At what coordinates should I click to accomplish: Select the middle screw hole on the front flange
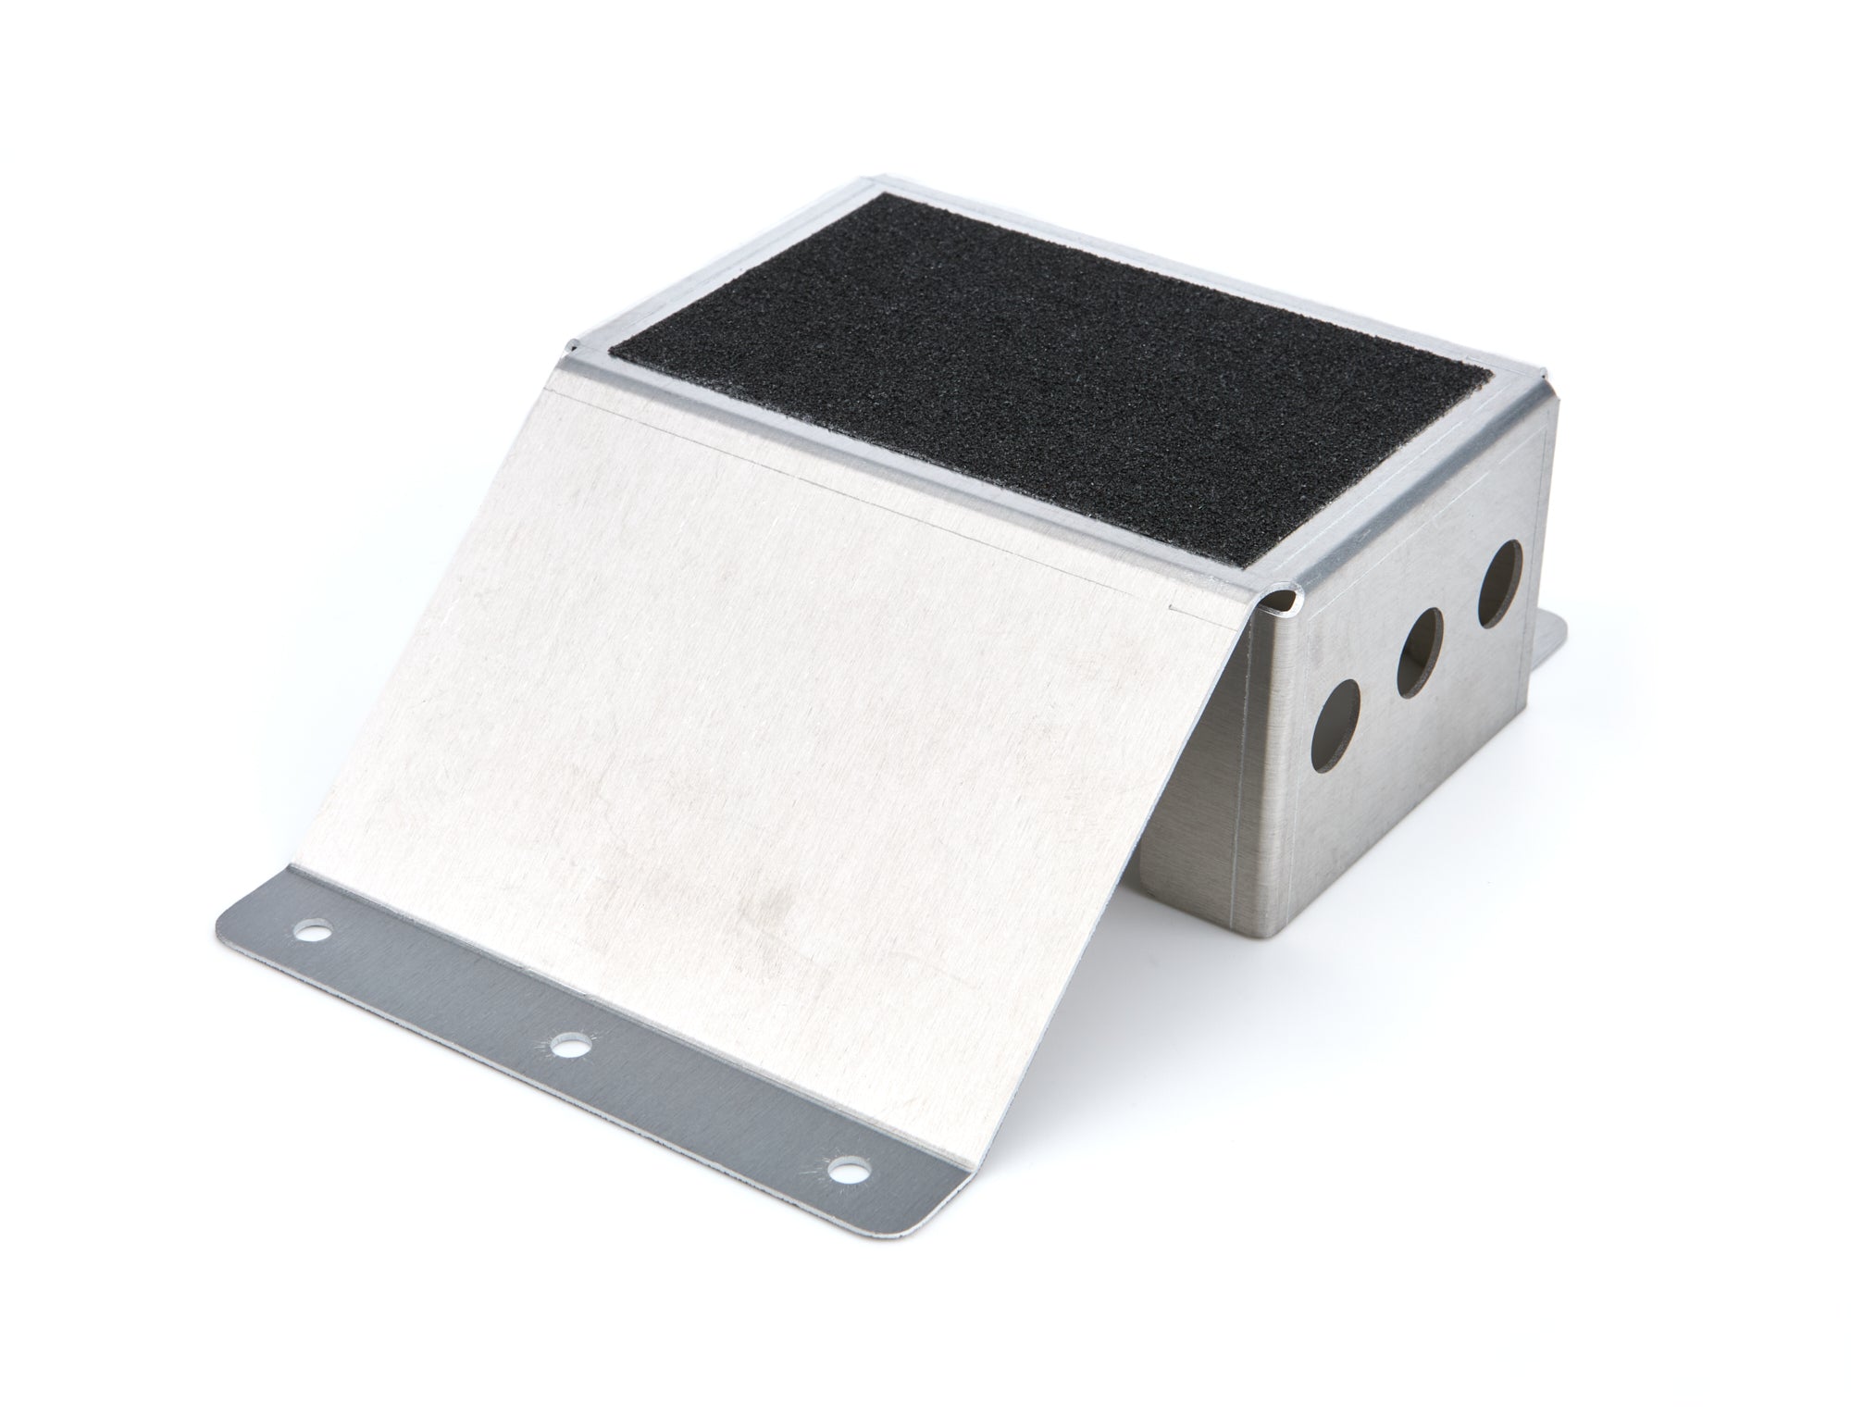(567, 1047)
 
